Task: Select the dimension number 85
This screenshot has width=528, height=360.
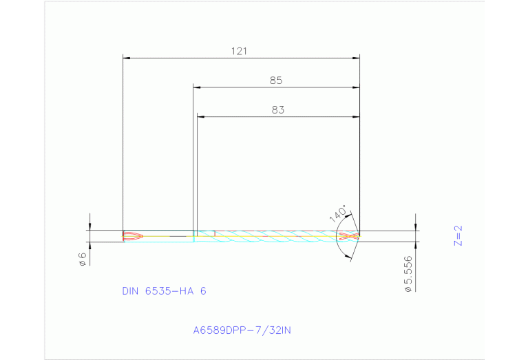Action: click(276, 81)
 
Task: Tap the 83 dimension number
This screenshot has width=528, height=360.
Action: click(277, 109)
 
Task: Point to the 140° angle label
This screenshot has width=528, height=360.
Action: click(337, 213)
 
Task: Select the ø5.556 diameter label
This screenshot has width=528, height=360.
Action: click(408, 274)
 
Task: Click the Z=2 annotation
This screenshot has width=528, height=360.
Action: click(458, 235)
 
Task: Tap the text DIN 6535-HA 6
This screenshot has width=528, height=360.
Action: click(164, 291)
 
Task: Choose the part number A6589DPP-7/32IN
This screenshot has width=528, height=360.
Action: click(242, 330)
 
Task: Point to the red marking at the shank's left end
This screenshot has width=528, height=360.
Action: click(132, 236)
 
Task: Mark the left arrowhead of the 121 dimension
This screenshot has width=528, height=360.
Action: click(125, 58)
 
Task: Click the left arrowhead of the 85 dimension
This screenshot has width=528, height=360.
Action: click(196, 87)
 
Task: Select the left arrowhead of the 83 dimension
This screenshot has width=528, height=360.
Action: click(200, 117)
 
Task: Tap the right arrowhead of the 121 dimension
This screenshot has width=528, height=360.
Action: click(357, 58)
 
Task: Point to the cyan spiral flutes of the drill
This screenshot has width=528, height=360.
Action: click(275, 236)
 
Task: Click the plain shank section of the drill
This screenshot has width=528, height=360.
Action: click(165, 236)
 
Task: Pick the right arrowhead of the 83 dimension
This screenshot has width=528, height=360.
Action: click(357, 117)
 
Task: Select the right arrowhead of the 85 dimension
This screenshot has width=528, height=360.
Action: click(357, 87)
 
